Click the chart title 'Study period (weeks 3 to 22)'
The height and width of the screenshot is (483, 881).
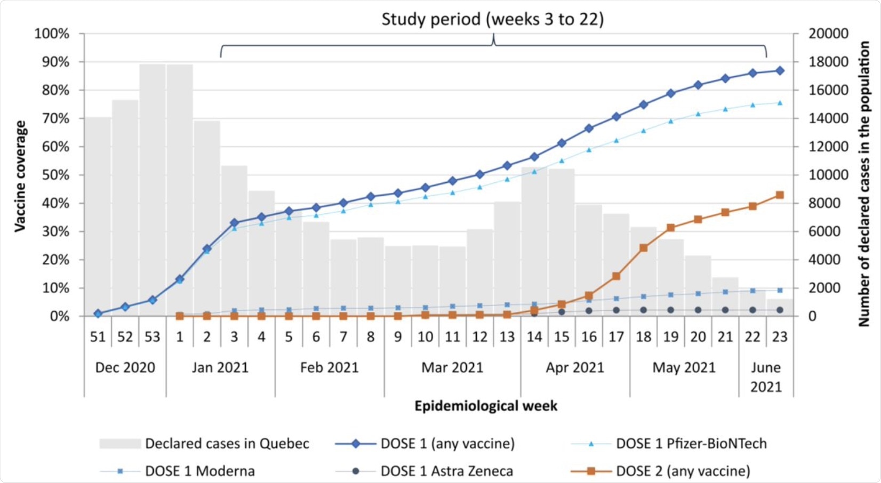click(492, 19)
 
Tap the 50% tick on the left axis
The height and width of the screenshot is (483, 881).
click(52, 175)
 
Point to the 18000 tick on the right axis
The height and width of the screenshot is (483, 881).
click(828, 62)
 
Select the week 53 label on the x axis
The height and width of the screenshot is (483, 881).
click(152, 337)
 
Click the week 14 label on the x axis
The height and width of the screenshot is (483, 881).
click(534, 337)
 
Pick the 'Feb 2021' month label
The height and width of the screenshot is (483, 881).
click(329, 367)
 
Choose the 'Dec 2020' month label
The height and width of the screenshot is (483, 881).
click(125, 367)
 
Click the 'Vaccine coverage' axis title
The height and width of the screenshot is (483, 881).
click(20, 176)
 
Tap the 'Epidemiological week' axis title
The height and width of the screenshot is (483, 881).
click(486, 406)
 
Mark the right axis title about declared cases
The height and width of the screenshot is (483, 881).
click(863, 184)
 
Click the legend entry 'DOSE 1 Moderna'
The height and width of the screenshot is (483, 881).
click(199, 471)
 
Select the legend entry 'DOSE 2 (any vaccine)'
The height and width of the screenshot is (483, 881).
click(683, 471)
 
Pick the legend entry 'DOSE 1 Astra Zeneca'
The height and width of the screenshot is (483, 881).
click(446, 471)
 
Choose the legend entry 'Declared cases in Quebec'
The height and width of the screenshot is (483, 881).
click(227, 444)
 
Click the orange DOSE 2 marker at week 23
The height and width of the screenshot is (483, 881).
click(780, 195)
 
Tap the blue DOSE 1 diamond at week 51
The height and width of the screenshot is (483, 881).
click(98, 313)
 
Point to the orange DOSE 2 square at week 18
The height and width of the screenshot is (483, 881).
click(644, 248)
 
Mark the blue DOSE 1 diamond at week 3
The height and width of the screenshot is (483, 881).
click(234, 223)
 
